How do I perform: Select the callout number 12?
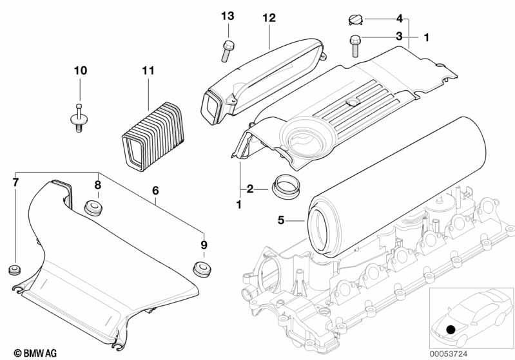click(269, 17)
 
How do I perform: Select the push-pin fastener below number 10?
click(77, 118)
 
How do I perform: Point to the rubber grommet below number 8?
click(94, 208)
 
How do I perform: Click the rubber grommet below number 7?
click(14, 269)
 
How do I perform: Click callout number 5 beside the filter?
click(280, 220)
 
